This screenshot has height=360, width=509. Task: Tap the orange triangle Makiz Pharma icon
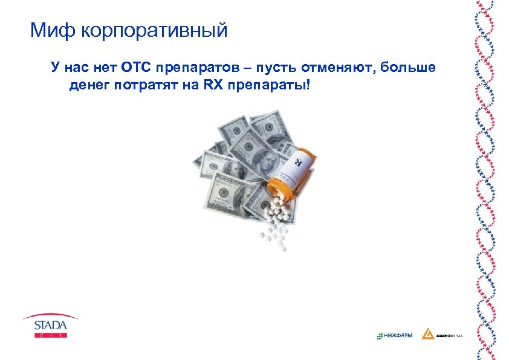click(x=427, y=334)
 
